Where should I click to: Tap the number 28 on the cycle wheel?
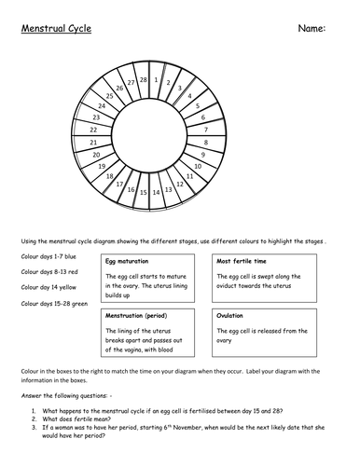[x=143, y=80]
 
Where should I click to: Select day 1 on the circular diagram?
[x=156, y=80]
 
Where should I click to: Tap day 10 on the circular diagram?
[x=198, y=165]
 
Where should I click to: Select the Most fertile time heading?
[x=243, y=262]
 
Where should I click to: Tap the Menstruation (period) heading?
[x=140, y=315]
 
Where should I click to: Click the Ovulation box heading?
[x=230, y=315]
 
